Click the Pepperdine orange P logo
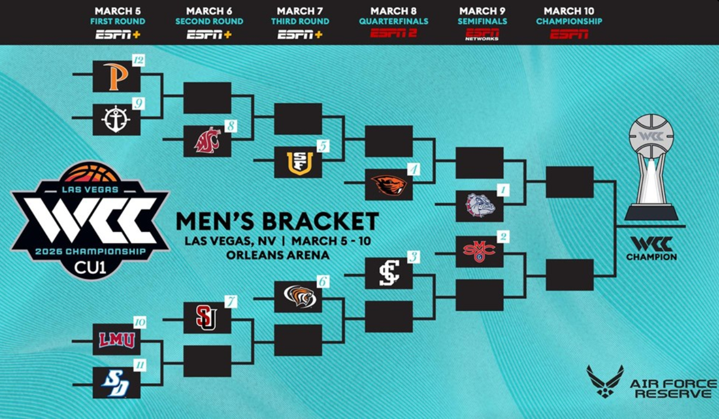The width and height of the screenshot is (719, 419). click(x=116, y=76)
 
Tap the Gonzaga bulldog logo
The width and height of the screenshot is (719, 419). click(x=479, y=205)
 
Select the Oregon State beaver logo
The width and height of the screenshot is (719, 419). click(x=389, y=184)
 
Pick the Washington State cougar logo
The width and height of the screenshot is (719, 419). click(x=207, y=141)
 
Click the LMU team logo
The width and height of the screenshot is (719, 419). click(x=117, y=340)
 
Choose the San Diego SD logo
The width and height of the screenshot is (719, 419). click(x=116, y=383)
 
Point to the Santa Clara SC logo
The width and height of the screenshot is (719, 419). click(x=389, y=273)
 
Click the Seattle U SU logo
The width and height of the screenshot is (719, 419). click(x=207, y=317)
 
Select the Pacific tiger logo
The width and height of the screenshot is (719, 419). click(x=298, y=296)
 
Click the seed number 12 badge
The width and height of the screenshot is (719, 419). click(x=138, y=60)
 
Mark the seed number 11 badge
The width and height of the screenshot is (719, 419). click(x=139, y=365)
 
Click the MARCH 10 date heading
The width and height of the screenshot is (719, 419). click(x=569, y=11)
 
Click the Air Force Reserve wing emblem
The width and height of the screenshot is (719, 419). click(x=605, y=381)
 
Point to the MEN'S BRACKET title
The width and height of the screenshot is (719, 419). click(x=277, y=221)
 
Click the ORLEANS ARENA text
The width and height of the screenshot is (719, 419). click(x=277, y=255)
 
